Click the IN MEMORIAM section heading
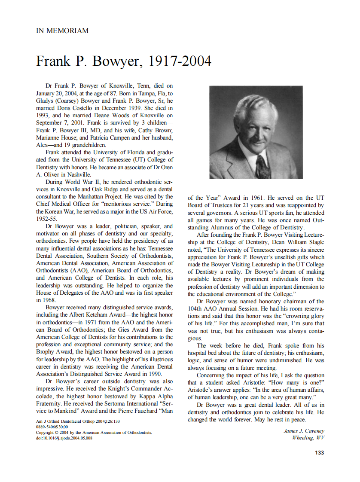62,31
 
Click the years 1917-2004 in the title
180,61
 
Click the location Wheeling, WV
308,438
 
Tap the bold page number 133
319,452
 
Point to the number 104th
197,308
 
